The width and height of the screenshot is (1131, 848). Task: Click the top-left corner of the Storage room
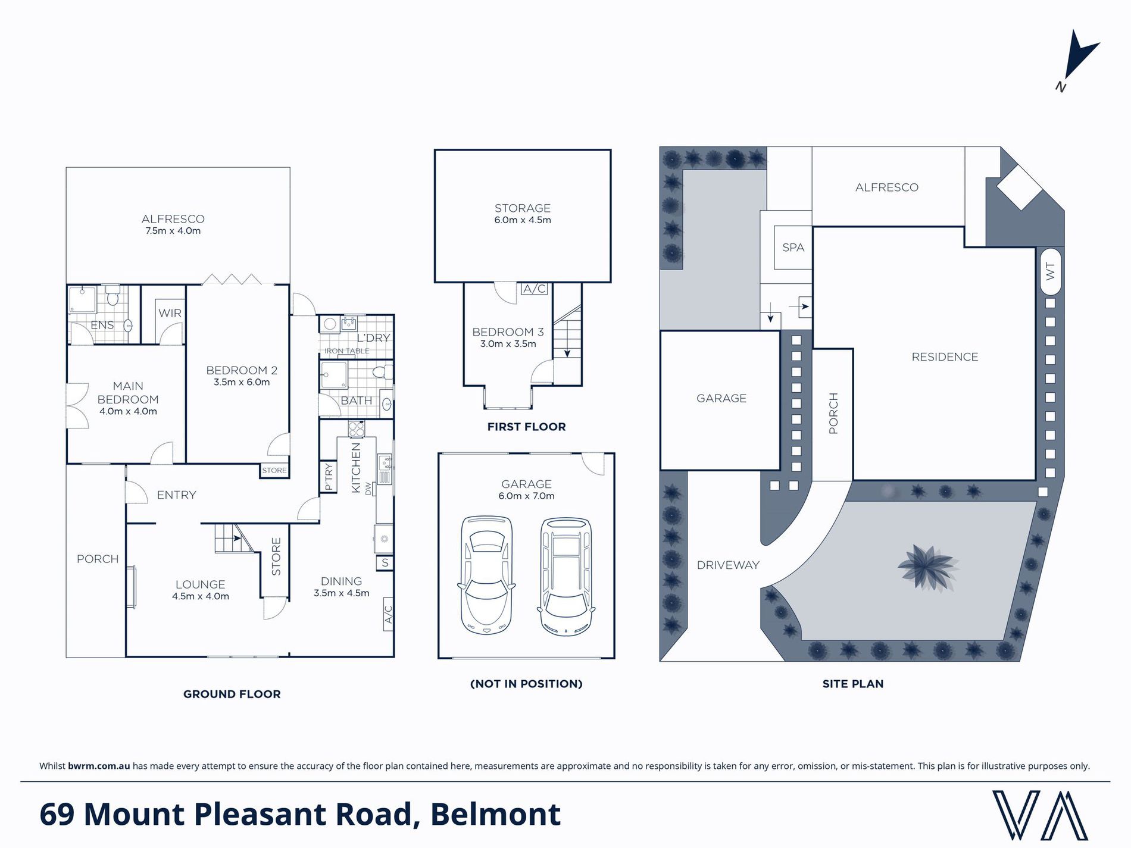(435, 150)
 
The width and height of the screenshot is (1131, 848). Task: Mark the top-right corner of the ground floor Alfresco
(290, 168)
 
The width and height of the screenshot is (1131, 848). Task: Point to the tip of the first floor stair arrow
(567, 356)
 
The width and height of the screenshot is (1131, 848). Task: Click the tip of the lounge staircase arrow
(241, 539)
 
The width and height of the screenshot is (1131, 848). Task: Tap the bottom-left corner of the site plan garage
(661, 470)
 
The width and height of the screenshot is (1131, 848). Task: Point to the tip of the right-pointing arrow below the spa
(808, 307)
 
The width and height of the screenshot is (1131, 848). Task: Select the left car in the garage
(486, 574)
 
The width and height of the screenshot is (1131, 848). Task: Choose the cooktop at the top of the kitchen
(357, 429)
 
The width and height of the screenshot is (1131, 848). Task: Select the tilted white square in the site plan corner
(1020, 186)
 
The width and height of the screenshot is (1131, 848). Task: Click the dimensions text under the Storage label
(523, 220)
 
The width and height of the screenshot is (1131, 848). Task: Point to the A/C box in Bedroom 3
(534, 289)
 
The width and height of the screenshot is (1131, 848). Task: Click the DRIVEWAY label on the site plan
(728, 565)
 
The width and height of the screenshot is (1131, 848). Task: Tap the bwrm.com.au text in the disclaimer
(99, 766)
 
